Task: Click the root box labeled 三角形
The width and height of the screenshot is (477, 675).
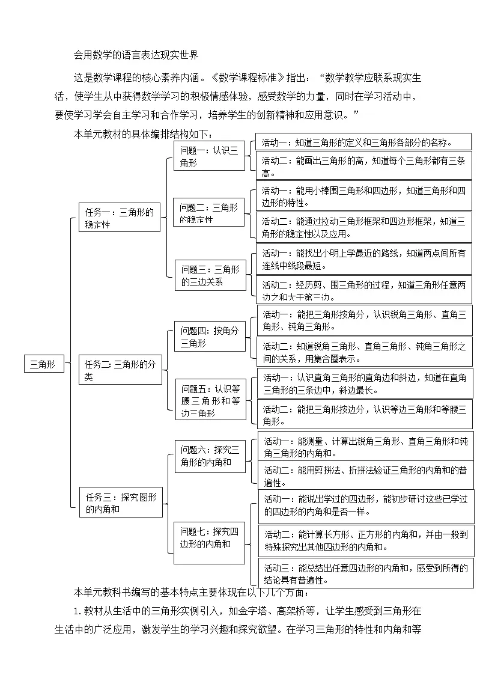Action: [43, 364]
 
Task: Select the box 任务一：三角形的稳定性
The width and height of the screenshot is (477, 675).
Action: [120, 217]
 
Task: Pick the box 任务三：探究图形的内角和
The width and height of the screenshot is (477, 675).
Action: [121, 502]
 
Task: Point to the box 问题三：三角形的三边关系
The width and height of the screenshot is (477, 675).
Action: [210, 275]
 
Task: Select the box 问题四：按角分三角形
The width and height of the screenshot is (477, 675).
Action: [210, 337]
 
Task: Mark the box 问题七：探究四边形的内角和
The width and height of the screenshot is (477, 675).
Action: [210, 537]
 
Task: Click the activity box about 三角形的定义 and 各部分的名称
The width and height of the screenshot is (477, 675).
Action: [363, 142]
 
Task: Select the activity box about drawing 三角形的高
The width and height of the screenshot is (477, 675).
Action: [363, 166]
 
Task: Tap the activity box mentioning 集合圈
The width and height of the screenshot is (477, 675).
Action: [364, 352]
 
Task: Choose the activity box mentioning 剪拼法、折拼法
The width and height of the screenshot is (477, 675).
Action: [365, 475]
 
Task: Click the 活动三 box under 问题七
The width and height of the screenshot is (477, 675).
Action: [365, 573]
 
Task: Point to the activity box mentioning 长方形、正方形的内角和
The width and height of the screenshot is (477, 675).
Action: [365, 540]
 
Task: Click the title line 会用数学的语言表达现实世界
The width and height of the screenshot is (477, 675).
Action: [136, 55]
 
